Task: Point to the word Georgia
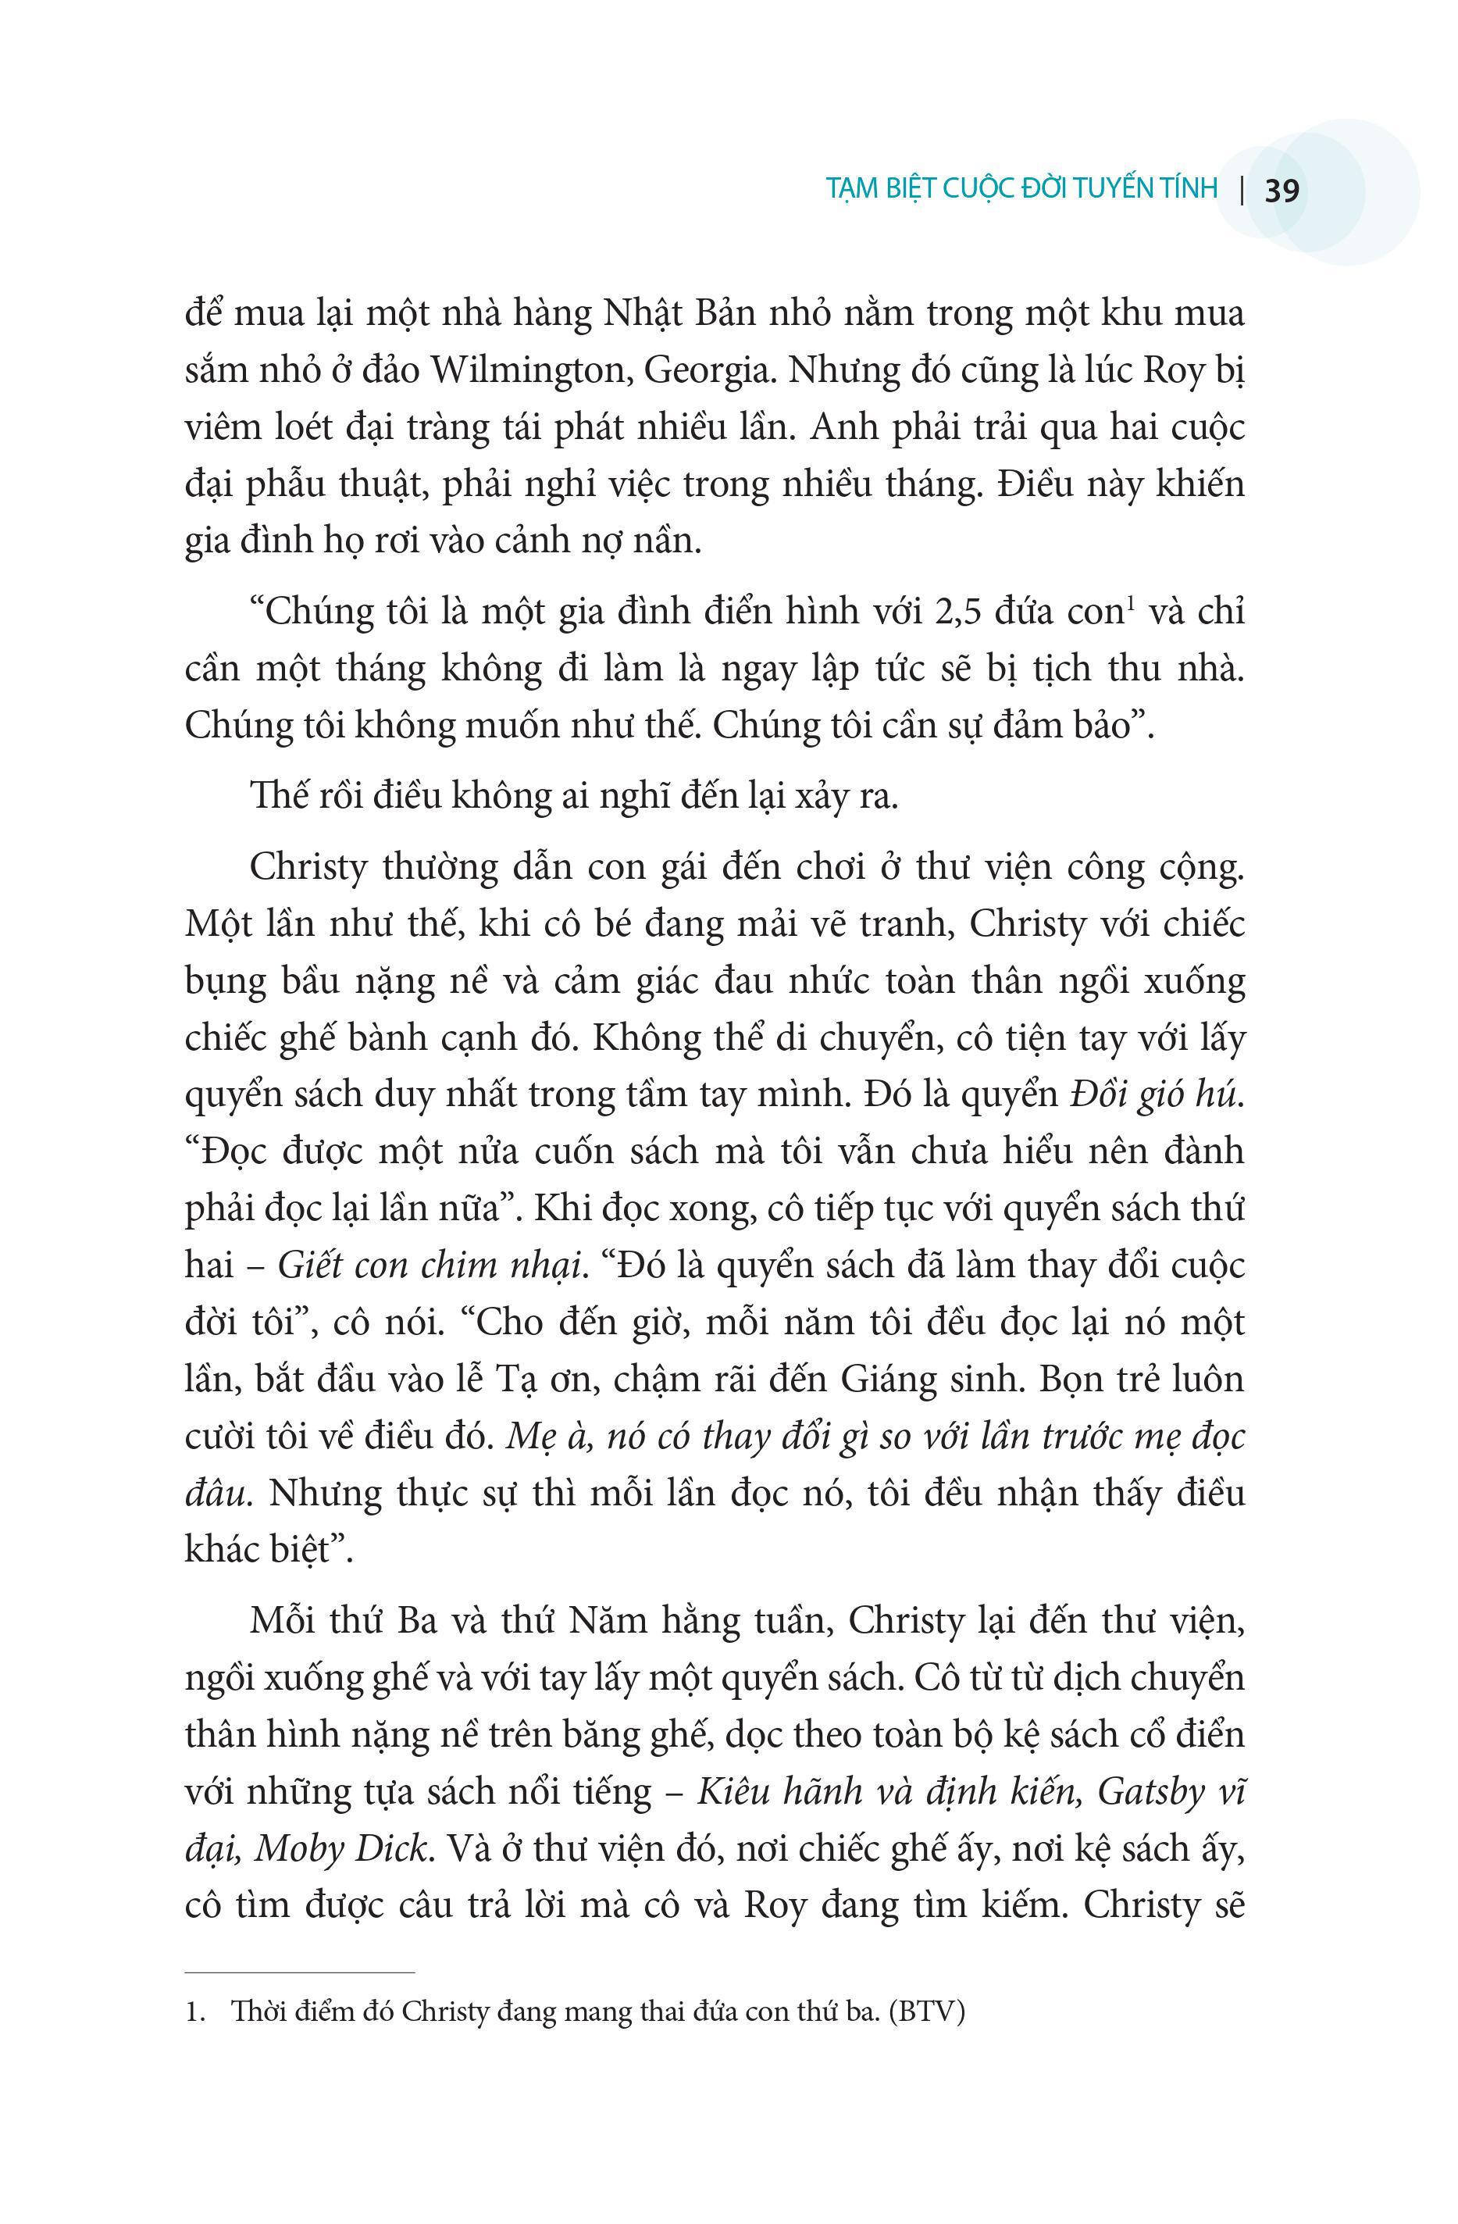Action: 711,371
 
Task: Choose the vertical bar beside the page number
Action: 1242,191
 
